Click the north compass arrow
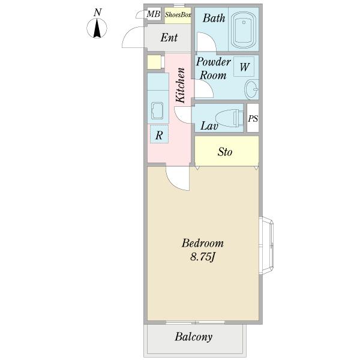97,28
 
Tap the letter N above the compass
98,12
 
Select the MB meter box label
154,14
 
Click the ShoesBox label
178,15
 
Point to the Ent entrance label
169,37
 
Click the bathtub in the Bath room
244,30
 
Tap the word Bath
214,18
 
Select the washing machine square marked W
244,67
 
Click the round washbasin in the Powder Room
251,89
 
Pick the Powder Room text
213,68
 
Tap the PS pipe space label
253,118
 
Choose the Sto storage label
225,152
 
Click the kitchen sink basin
157,110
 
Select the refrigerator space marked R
159,134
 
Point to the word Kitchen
180,85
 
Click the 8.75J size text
202,257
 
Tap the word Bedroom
203,244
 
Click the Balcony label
194,337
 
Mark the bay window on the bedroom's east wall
266,245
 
